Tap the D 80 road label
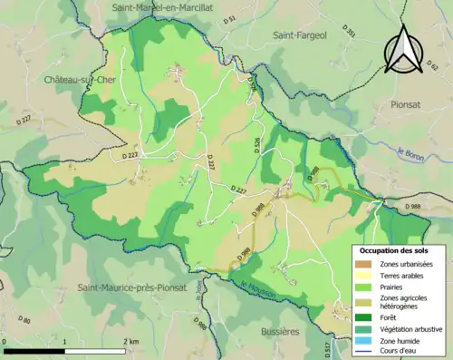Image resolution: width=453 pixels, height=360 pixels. (24, 321)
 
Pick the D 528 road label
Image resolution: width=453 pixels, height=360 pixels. (257, 144)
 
